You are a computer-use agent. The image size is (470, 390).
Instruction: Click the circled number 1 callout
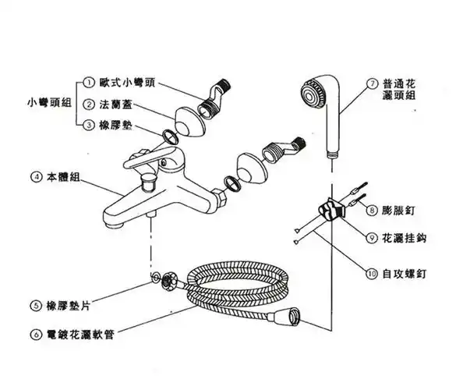[x=90, y=83]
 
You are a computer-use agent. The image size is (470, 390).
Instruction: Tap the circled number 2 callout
[x=90, y=104]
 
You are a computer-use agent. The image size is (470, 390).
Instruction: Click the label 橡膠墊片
[x=69, y=305]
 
